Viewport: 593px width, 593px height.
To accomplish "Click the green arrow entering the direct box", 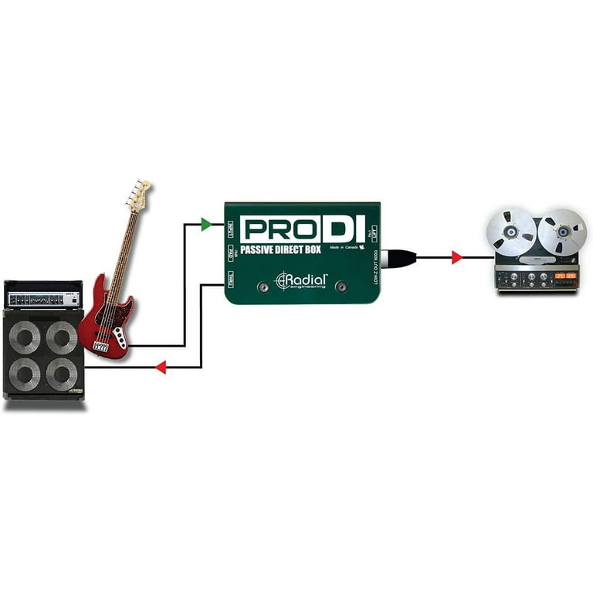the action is point(206,224).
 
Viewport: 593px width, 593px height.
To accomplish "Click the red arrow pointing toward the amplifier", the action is point(161,368).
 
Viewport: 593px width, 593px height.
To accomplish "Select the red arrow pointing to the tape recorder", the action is point(456,257).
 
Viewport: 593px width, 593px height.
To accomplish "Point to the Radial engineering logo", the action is point(302,280).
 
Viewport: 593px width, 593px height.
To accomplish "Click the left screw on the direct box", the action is point(264,286).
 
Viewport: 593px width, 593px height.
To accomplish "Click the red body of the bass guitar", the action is point(106,324).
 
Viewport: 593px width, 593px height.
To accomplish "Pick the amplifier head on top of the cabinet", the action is point(43,295).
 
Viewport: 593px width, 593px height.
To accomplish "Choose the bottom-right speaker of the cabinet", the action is point(62,374).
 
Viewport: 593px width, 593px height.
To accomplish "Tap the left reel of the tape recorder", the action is point(511,232).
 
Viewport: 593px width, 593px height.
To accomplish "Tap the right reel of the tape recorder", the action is point(561,232).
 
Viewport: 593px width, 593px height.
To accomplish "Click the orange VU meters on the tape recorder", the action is point(568,275).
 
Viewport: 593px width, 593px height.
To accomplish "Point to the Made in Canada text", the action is point(344,248).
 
